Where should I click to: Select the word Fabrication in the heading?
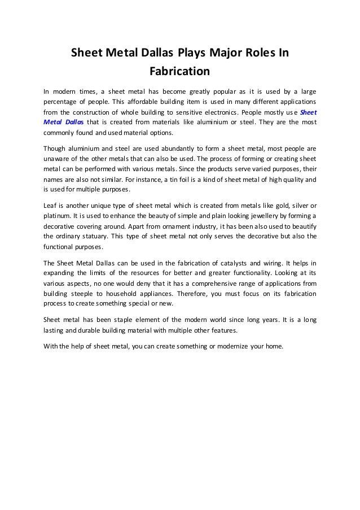[179, 72]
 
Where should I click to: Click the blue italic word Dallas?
[73, 122]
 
